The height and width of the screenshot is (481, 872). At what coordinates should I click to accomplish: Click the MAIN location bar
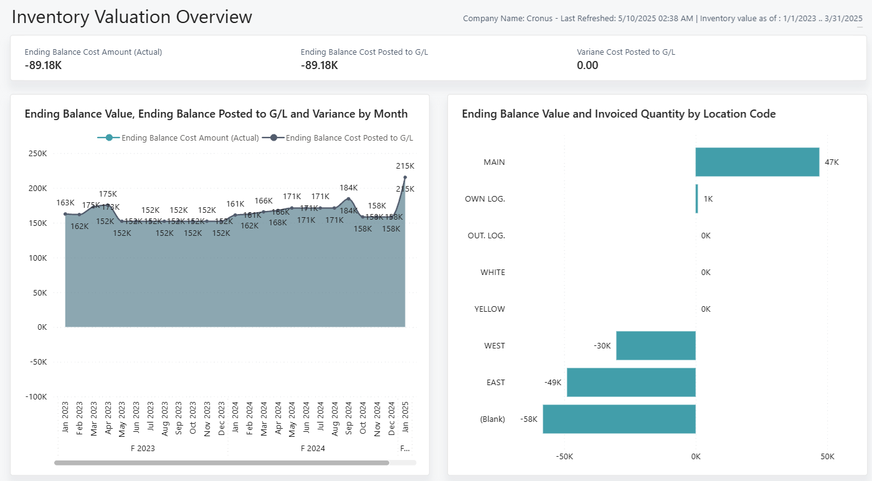coord(757,162)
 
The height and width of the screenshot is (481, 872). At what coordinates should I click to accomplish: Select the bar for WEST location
coord(655,345)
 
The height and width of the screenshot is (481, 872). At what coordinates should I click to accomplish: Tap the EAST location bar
coord(630,382)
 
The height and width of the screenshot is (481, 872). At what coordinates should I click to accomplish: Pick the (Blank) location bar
coord(618,419)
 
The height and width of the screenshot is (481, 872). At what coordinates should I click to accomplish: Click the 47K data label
coord(832,162)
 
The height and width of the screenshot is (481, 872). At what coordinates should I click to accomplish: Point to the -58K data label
coord(529,419)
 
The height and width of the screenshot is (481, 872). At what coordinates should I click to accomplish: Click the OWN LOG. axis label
coord(485,199)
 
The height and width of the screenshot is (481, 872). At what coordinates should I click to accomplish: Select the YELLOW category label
coord(490,309)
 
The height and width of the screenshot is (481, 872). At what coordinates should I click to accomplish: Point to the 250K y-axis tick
coord(38,154)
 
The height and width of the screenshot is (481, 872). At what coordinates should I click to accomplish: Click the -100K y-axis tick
coord(36,397)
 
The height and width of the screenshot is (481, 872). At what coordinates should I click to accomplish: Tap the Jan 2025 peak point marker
coord(405,177)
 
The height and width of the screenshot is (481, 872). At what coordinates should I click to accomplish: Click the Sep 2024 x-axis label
coord(349,417)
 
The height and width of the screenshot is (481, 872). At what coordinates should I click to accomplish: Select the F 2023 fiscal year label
coord(143,449)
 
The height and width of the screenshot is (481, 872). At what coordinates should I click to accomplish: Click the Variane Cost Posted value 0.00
coord(587,65)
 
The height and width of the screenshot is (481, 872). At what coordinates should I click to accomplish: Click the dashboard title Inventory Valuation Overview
coord(132,17)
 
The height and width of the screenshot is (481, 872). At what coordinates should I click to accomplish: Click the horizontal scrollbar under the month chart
coord(222,463)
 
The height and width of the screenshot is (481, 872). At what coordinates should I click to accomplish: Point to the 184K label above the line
coord(348,188)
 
